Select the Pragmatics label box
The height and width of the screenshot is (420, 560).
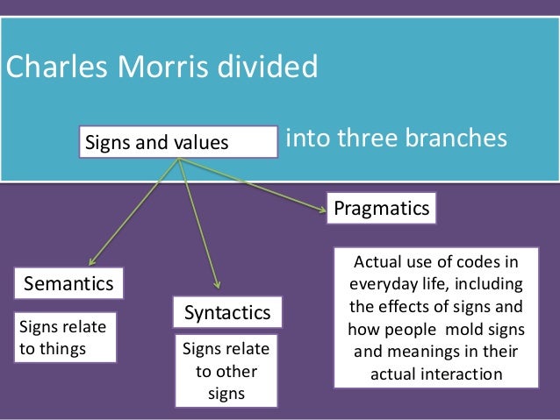[x=382, y=209]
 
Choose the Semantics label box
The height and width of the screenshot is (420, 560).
[x=68, y=284]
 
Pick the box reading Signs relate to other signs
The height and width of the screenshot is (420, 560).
[x=226, y=370]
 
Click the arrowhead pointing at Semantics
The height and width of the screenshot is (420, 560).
[x=92, y=261]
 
